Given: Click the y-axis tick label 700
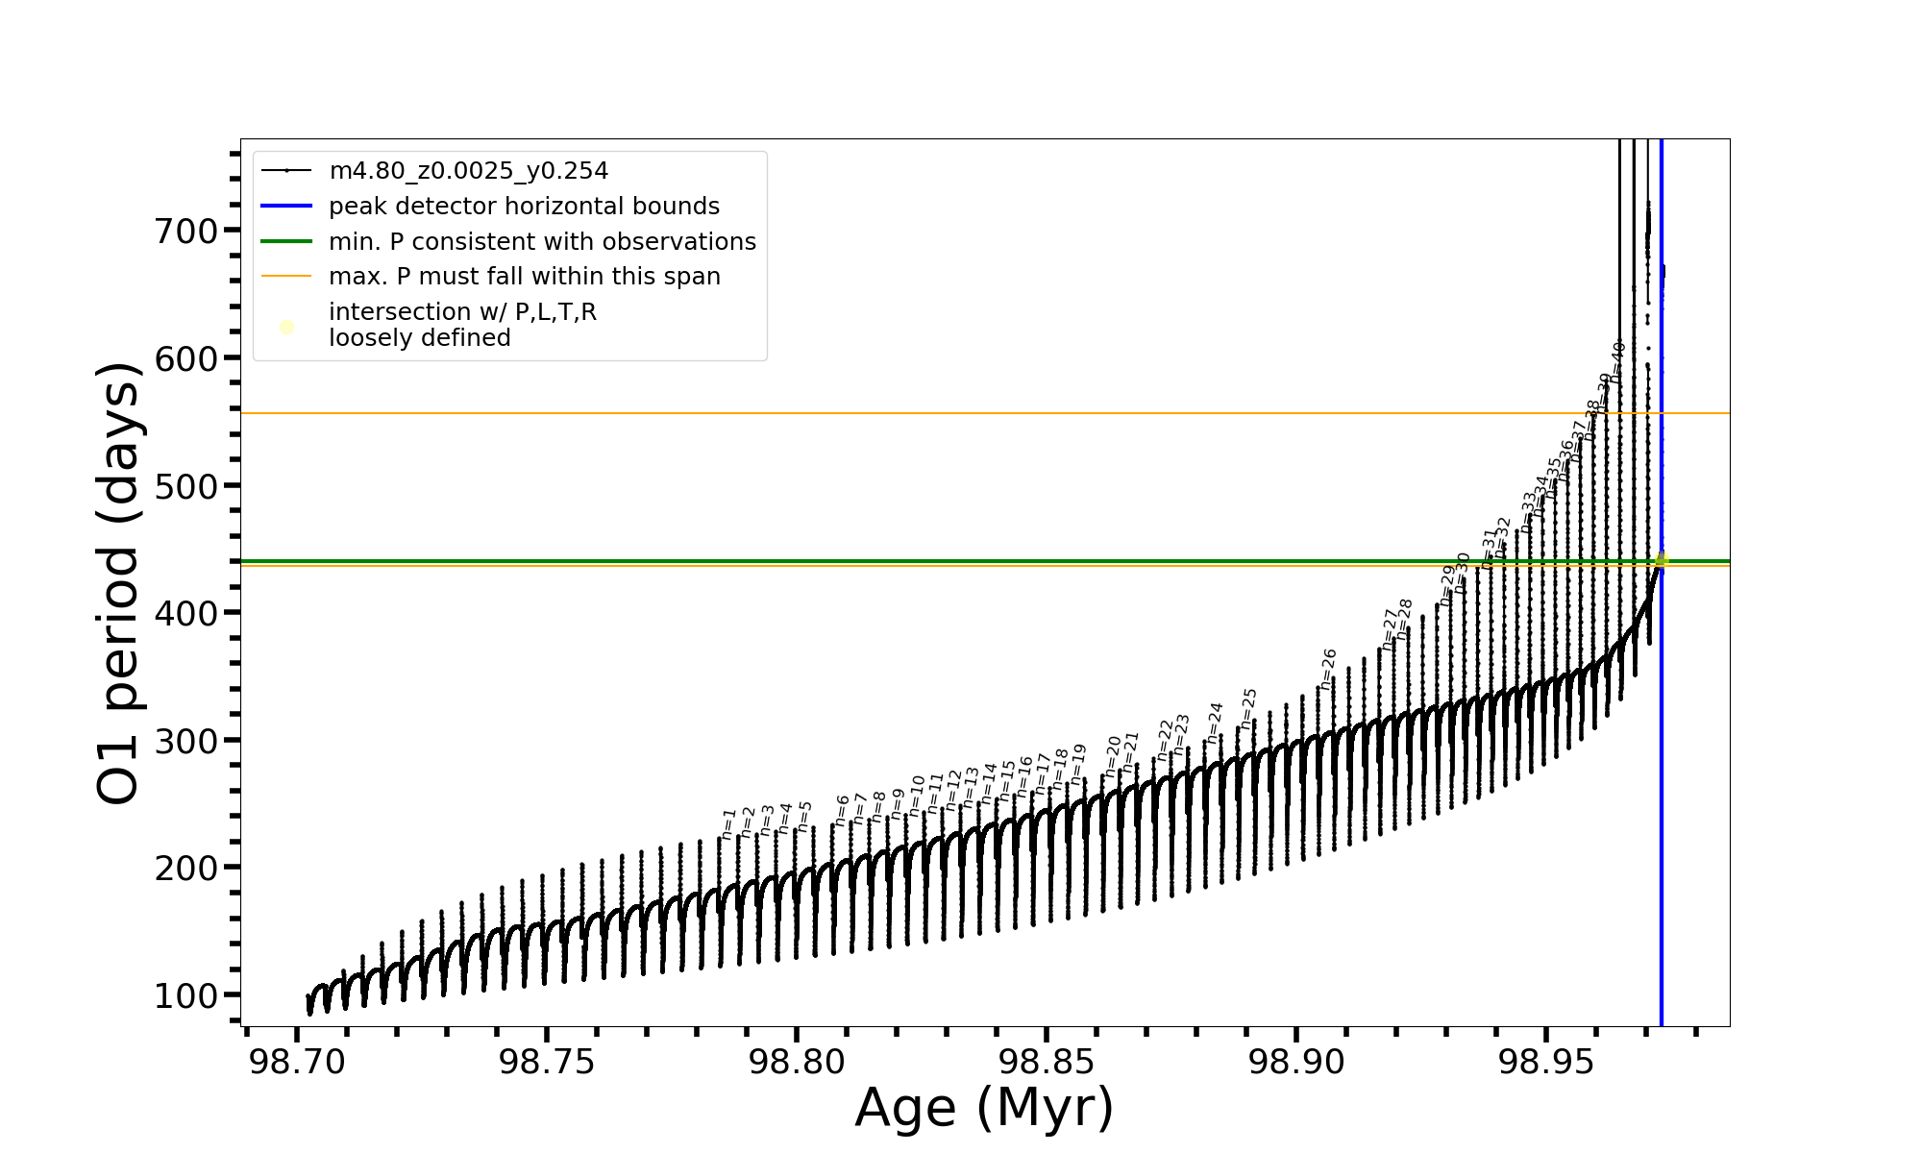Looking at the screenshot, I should tap(186, 231).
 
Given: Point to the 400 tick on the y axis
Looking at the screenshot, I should tap(186, 613).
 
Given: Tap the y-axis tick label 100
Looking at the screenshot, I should tap(186, 995).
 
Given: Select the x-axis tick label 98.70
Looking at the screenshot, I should tap(297, 1063).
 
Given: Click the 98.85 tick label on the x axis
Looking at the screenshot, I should tap(1047, 1063).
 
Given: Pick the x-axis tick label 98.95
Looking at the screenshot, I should tap(1546, 1063).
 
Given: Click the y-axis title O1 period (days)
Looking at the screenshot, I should tap(119, 583).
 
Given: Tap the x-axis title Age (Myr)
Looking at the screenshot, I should tap(984, 1108).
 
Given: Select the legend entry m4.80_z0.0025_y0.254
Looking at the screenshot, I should tap(468, 171).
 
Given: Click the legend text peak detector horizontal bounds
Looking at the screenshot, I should tap(524, 207).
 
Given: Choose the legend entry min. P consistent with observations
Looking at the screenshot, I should tap(542, 242).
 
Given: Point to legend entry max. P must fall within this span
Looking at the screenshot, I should tap(524, 277).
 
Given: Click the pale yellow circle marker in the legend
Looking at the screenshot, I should tap(286, 328).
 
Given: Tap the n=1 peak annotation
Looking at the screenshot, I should tap(728, 823).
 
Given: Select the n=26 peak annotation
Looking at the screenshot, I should tap(1328, 669).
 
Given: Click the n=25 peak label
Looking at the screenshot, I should tap(1248, 708).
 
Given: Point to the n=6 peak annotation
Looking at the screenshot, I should tap(842, 810).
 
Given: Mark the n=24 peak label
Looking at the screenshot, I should tap(1215, 723).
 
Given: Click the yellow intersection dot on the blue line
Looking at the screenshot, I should tap(1662, 560).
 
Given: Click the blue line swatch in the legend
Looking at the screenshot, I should tap(286, 207).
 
